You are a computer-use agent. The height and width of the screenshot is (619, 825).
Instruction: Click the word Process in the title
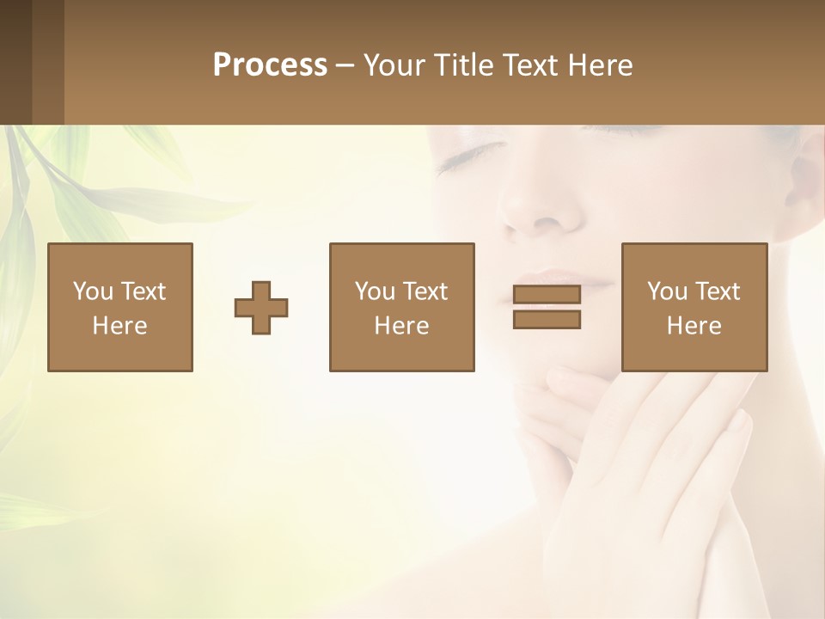pyautogui.click(x=270, y=65)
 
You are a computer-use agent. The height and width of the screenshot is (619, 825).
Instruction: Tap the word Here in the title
pyautogui.click(x=600, y=65)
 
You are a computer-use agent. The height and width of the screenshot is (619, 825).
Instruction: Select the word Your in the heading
pyautogui.click(x=394, y=65)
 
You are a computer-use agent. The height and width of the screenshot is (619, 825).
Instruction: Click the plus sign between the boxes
pyautogui.click(x=261, y=308)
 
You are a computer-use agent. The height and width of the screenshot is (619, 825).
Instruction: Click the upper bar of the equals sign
pyautogui.click(x=547, y=294)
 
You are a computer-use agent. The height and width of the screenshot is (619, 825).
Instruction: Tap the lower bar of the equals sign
pyautogui.click(x=547, y=320)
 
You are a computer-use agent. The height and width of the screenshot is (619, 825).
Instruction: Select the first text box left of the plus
pyautogui.click(x=119, y=307)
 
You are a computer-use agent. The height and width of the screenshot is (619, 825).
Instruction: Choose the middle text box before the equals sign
pyautogui.click(x=401, y=307)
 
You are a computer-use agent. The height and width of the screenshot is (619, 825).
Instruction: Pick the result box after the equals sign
pyautogui.click(x=694, y=307)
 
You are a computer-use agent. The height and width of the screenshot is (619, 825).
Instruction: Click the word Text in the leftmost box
pyautogui.click(x=142, y=291)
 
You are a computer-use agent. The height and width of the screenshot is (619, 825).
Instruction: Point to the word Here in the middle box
pyautogui.click(x=401, y=326)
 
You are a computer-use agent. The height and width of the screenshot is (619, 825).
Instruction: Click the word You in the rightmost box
pyautogui.click(x=667, y=291)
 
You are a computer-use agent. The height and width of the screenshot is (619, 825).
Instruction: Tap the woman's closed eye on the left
pyautogui.click(x=468, y=156)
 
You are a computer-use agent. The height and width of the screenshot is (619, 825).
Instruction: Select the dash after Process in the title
pyautogui.click(x=345, y=65)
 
